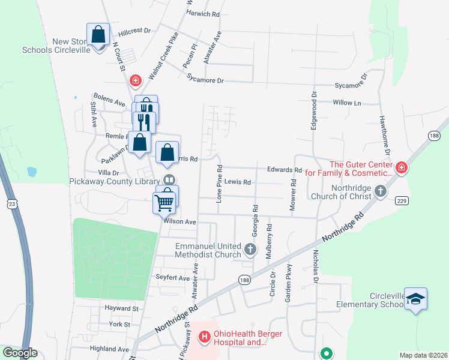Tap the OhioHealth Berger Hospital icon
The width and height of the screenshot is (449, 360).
pyautogui.click(x=204, y=337)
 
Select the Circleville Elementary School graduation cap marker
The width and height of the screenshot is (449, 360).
pyautogui.click(x=415, y=298)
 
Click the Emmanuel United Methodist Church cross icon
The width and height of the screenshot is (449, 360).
pyautogui.click(x=251, y=248)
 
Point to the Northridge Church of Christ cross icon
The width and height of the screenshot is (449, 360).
pyautogui.click(x=379, y=191)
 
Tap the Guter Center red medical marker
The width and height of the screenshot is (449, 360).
pyautogui.click(x=401, y=169)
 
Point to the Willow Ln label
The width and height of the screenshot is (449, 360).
pyautogui.click(x=347, y=103)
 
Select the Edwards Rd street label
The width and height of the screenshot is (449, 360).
pyautogui.click(x=280, y=170)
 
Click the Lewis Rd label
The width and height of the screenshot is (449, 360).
pyautogui.click(x=238, y=182)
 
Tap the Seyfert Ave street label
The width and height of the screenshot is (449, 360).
pyautogui.click(x=173, y=278)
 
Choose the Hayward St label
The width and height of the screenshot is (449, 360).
pyautogui.click(x=122, y=308)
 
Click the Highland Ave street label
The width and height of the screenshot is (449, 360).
pyautogui.click(x=109, y=349)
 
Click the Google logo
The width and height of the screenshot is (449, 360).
pyautogui.click(x=20, y=353)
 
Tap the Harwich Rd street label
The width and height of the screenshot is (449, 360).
pyautogui.click(x=203, y=13)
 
